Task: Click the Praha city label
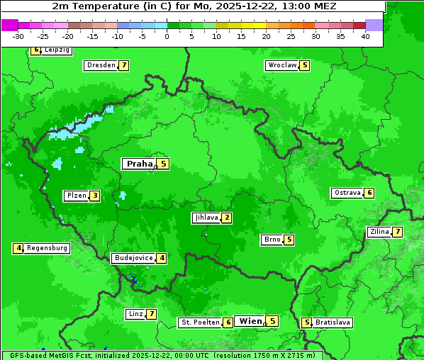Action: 139,164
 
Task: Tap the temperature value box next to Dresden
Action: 124,65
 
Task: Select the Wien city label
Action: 250,321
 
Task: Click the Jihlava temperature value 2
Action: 226,218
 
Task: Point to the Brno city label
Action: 271,240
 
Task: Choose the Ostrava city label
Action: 347,193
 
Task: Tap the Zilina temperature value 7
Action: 398,232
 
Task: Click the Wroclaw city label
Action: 281,65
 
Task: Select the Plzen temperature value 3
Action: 94,196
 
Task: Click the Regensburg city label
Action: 48,248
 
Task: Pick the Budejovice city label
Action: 133,258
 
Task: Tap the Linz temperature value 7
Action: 151,314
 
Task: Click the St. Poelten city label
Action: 199,322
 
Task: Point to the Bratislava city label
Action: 333,322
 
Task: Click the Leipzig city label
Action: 57,50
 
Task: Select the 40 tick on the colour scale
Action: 365,36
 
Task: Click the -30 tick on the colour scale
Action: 18,36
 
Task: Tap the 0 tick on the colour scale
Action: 167,36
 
